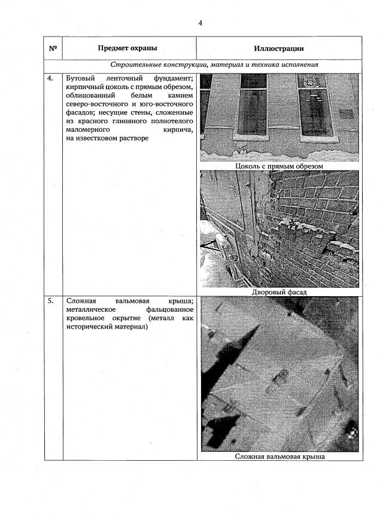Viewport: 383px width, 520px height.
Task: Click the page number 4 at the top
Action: pyautogui.click(x=200, y=23)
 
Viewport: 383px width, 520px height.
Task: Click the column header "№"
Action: pyautogui.click(x=53, y=48)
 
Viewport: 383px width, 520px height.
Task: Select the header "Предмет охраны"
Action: pyautogui.click(x=128, y=48)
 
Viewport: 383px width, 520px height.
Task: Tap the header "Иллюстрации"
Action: pyautogui.click(x=279, y=48)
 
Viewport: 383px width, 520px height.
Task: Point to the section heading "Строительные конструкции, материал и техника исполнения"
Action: pyautogui.click(x=214, y=65)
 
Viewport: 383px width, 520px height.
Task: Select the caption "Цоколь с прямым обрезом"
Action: pyautogui.click(x=279, y=166)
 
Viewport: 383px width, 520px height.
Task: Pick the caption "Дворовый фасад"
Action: pyautogui.click(x=279, y=292)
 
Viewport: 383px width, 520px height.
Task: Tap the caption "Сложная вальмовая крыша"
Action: pyautogui.click(x=279, y=456)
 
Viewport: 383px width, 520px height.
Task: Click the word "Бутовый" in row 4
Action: pyautogui.click(x=81, y=78)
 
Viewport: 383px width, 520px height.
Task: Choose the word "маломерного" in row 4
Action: pyautogui.click(x=87, y=129)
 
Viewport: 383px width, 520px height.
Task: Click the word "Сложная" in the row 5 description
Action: pyautogui.click(x=81, y=301)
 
